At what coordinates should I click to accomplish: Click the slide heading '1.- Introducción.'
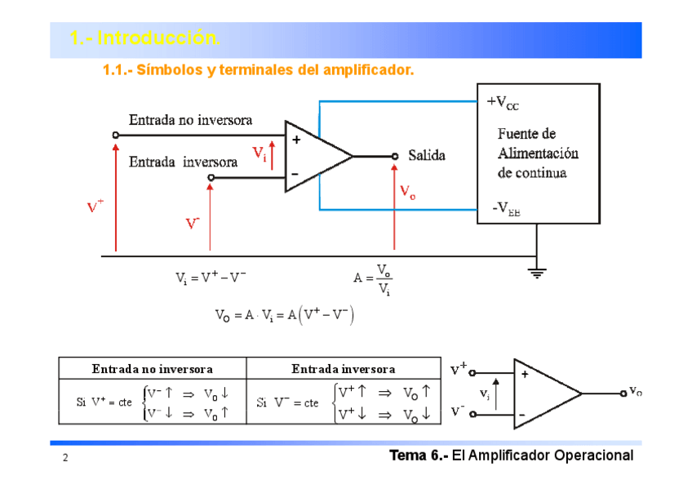tap(144, 38)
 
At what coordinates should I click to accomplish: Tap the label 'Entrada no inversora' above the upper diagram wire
tap(191, 120)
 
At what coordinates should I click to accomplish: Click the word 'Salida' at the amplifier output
tap(426, 155)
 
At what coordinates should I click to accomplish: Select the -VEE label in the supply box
tap(505, 210)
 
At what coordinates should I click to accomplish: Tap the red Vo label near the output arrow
tap(408, 191)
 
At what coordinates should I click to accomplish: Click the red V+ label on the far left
tap(95, 206)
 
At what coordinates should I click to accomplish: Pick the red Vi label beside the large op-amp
tap(259, 153)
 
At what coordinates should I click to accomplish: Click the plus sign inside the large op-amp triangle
tap(295, 140)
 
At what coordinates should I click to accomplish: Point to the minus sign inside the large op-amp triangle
tap(295, 173)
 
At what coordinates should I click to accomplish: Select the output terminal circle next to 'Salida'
tap(394, 156)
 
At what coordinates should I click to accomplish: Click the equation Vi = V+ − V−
tap(211, 278)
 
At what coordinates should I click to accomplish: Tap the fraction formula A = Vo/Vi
tap(374, 278)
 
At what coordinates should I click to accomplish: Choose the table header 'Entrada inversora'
tap(343, 369)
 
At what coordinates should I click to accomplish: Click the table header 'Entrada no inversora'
tap(152, 369)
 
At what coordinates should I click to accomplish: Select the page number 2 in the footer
tap(64, 459)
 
